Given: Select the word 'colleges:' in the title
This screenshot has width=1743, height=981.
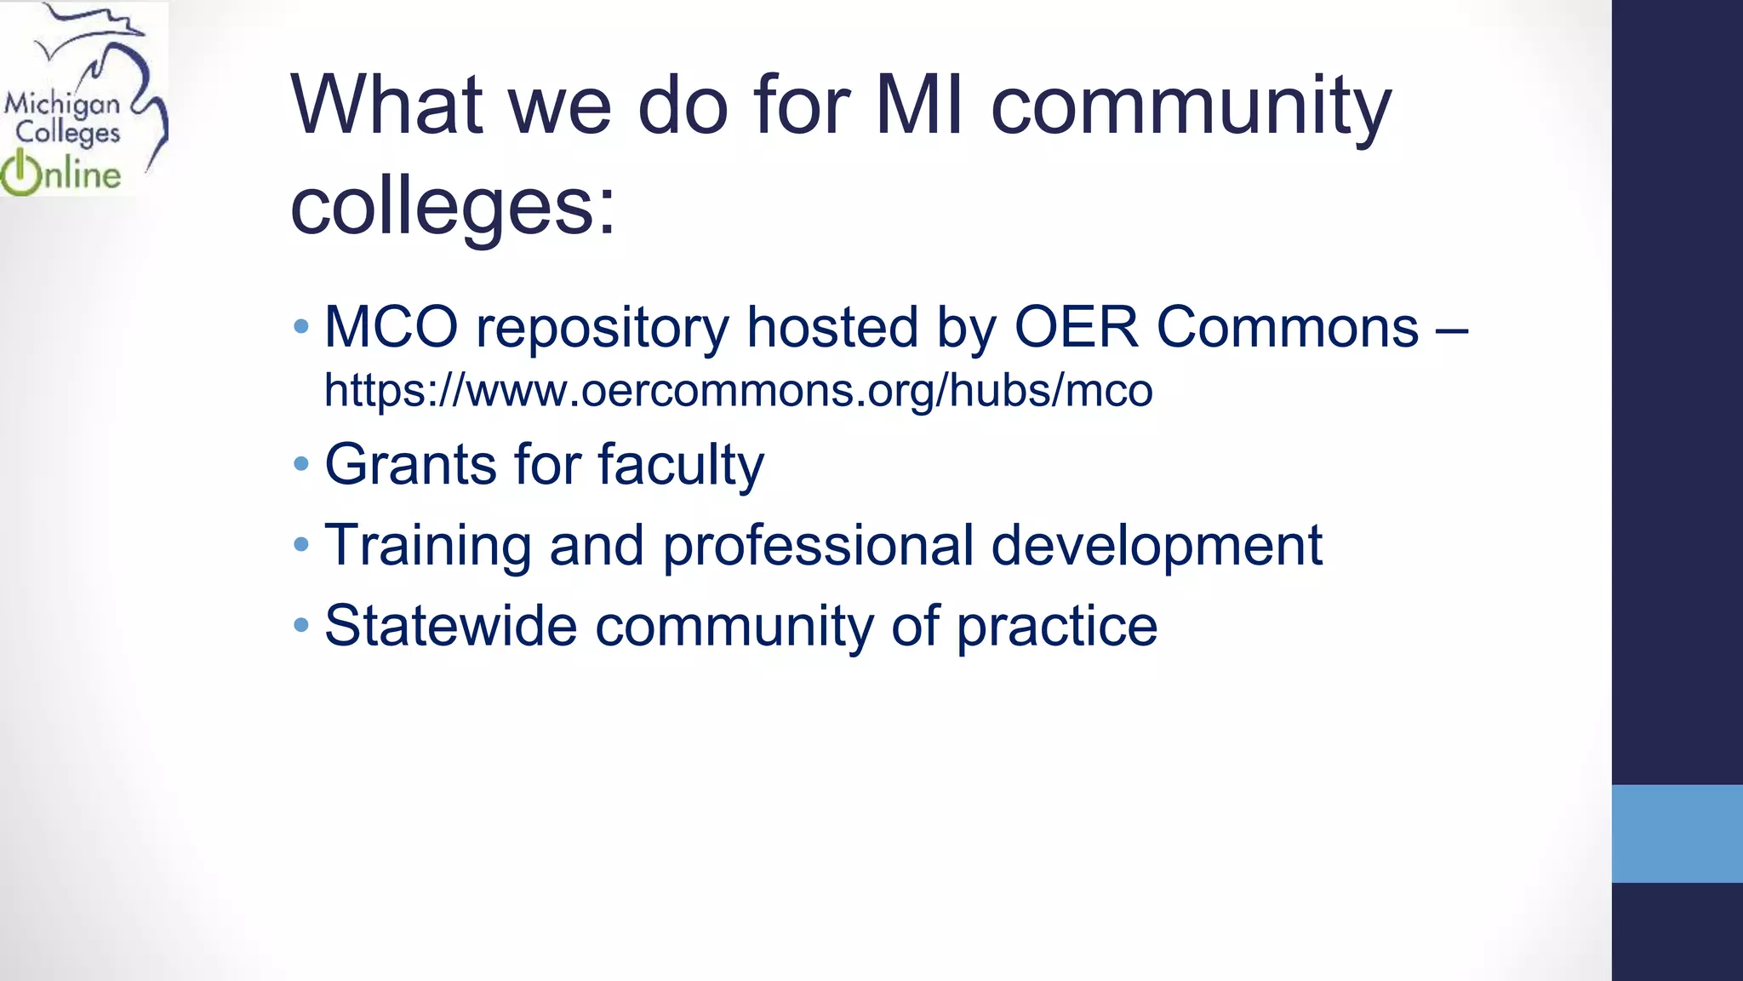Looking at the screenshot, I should click(x=452, y=207).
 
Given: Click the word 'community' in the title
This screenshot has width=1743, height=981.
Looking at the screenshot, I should click(x=1191, y=109).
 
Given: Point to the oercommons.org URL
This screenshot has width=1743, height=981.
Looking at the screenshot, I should click(x=738, y=391).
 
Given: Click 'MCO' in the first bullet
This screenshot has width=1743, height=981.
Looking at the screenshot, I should click(x=391, y=327).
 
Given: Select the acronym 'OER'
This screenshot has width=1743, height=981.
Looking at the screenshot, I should click(x=1076, y=327).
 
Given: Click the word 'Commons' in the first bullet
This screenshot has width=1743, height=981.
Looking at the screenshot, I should click(x=1287, y=327).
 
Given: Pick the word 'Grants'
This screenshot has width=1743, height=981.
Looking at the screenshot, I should click(x=410, y=465).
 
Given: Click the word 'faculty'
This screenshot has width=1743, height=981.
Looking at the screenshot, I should click(x=680, y=467).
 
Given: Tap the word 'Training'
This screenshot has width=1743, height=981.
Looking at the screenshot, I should click(x=427, y=546).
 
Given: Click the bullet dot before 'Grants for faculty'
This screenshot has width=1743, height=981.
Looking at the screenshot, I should click(x=300, y=465).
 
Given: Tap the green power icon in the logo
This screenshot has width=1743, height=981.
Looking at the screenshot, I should click(x=20, y=174).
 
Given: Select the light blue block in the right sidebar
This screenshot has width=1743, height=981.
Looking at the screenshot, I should click(x=1677, y=833).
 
